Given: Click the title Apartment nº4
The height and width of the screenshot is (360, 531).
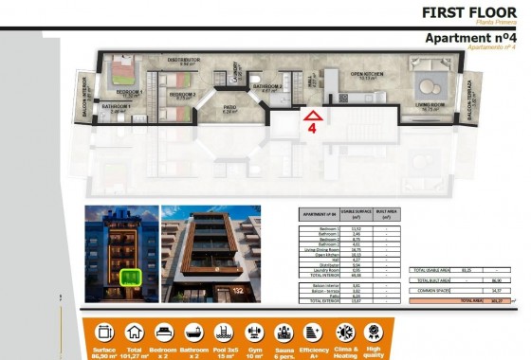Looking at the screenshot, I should pos(469,38).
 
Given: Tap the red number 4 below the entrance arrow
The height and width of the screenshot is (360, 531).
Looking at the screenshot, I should pos(311,134).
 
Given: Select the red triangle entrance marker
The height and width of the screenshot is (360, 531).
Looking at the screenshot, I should pos(312,116).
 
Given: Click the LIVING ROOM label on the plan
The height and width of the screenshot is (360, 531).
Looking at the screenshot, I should pos(430,106).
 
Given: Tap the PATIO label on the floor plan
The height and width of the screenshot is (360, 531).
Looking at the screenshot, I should pos(229,107).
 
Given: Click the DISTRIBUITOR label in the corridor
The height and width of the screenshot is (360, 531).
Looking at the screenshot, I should pos(183,60).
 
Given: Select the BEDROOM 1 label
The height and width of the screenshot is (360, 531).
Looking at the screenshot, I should pos(130,92).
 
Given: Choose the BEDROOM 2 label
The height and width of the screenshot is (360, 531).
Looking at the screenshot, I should pos(182,94).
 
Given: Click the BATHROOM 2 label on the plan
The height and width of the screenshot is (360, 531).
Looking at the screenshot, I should pos(266,86).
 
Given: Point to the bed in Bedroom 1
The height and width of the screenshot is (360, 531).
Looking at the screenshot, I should pos(120,71).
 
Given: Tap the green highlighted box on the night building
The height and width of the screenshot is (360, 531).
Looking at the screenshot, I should pos(129,277).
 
